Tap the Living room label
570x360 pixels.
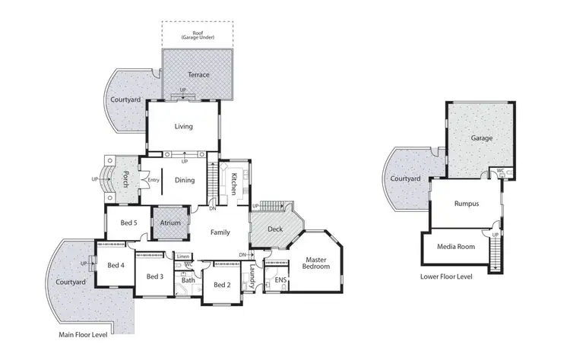184,127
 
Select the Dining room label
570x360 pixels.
185,180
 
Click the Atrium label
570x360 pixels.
170,223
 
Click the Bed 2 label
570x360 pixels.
222,285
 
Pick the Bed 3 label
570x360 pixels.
156,276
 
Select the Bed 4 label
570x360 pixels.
116,265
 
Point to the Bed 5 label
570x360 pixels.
128,223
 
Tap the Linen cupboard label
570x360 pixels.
183,257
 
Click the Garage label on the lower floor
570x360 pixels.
481,139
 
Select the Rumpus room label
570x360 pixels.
466,204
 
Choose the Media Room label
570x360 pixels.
457,247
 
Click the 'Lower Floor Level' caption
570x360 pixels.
446,276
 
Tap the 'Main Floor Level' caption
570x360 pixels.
84,334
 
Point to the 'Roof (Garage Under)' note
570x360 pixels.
198,34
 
